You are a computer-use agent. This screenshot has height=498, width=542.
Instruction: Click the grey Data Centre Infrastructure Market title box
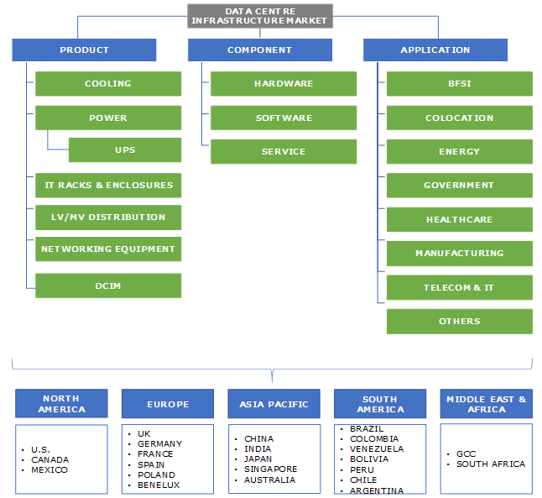point(259,15)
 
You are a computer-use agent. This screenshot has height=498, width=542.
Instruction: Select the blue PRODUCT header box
point(84,50)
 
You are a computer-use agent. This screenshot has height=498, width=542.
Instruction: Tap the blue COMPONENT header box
point(259,50)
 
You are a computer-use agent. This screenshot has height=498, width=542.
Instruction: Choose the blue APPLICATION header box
point(435,50)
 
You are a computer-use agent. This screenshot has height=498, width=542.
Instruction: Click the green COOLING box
point(107,84)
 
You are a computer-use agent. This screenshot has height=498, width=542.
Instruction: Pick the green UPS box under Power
point(124,150)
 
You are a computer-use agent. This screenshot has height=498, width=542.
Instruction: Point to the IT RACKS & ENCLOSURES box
point(107,186)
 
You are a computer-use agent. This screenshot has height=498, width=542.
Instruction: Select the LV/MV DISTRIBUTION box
point(107,218)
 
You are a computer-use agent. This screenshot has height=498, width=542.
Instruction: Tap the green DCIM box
point(107,286)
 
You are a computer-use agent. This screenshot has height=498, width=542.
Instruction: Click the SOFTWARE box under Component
point(283,118)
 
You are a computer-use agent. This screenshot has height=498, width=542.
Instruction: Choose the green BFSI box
point(459,84)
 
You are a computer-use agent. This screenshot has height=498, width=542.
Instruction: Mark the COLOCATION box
point(459,118)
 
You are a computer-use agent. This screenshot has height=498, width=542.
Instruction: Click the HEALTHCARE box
point(459,220)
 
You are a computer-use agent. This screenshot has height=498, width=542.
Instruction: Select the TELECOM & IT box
point(459,288)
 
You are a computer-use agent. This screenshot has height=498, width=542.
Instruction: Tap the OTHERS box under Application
point(459,322)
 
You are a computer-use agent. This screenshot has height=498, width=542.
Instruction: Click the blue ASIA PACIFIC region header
point(274,404)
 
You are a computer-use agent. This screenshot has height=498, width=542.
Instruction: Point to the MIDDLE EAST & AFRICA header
point(487,404)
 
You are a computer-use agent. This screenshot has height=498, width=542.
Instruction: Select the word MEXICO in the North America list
point(50,470)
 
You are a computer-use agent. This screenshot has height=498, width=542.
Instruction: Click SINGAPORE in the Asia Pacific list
point(270,469)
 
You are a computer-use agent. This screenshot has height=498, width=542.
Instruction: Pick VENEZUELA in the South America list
point(377,449)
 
